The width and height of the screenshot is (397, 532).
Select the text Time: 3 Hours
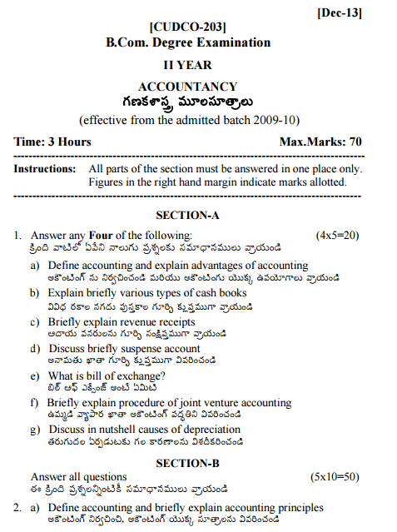tap(52, 142)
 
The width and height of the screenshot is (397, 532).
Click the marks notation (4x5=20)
tap(337, 236)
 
